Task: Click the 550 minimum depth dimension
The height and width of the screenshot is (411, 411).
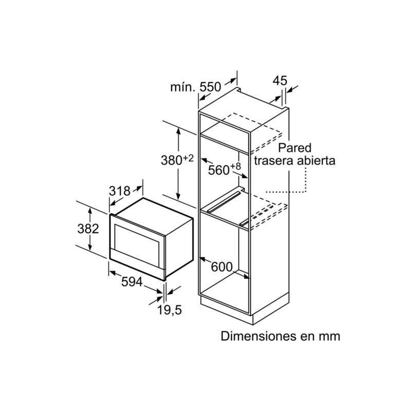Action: click(211, 87)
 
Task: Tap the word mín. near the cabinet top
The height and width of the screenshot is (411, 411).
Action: click(183, 87)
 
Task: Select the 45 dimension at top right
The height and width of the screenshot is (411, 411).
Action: click(280, 81)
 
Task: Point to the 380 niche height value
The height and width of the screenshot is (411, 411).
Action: click(172, 160)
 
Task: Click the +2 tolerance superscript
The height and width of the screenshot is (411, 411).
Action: click(188, 158)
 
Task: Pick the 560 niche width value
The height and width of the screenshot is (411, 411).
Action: click(219, 170)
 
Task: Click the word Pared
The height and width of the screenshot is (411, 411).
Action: click(294, 147)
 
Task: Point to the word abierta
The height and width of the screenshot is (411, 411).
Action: click(316, 160)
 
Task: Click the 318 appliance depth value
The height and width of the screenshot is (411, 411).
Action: click(120, 191)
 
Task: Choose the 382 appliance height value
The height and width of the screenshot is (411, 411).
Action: click(88, 229)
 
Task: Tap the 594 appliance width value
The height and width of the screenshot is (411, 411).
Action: click(132, 282)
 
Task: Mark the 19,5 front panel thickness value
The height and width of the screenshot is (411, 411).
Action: click(170, 310)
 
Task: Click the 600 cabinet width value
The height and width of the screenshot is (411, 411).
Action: click(222, 267)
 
